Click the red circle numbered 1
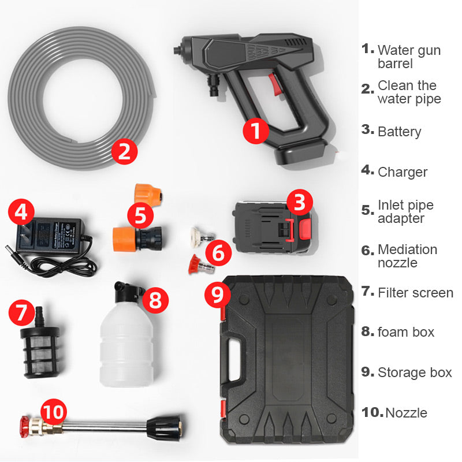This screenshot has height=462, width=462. [255, 131]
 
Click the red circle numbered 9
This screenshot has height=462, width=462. [217, 295]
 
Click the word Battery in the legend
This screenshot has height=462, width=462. [399, 132]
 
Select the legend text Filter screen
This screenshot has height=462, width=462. [415, 293]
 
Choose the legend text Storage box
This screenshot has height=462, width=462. [415, 372]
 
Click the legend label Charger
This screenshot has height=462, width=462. [403, 172]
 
